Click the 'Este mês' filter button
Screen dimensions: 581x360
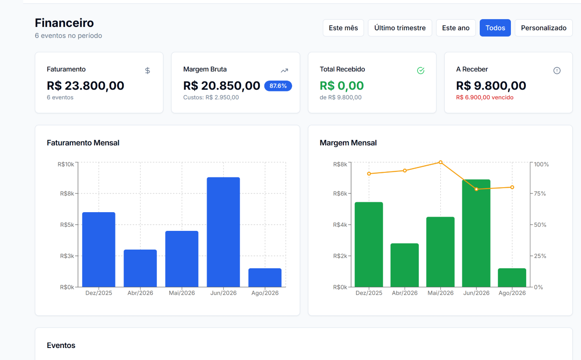pyautogui.click(x=343, y=28)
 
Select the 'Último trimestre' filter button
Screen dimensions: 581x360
pyautogui.click(x=400, y=28)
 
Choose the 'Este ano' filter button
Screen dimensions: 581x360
pyautogui.click(x=456, y=28)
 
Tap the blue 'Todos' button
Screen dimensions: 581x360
pyautogui.click(x=495, y=28)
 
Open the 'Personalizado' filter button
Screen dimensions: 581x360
pyautogui.click(x=544, y=28)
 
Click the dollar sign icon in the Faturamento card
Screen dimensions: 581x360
pyautogui.click(x=148, y=71)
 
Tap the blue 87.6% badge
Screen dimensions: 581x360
pyautogui.click(x=278, y=86)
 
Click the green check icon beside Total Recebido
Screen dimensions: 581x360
pyautogui.click(x=421, y=70)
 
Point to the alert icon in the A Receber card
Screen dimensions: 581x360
pyautogui.click(x=557, y=71)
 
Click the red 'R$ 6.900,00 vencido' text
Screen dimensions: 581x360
pyautogui.click(x=485, y=97)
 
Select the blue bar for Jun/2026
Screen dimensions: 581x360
pyautogui.click(x=223, y=232)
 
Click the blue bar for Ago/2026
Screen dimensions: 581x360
pyautogui.click(x=265, y=278)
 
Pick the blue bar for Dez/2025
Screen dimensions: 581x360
pyautogui.click(x=99, y=250)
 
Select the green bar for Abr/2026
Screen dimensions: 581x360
pyautogui.click(x=405, y=265)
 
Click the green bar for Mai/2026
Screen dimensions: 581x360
pyautogui.click(x=440, y=252)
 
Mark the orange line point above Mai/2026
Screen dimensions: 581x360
pyautogui.click(x=440, y=162)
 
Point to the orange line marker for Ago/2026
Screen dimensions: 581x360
pyautogui.click(x=512, y=187)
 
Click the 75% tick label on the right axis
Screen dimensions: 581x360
pyautogui.click(x=540, y=193)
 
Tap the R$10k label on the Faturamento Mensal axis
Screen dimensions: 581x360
pyautogui.click(x=66, y=164)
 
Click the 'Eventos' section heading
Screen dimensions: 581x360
pyautogui.click(x=61, y=345)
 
